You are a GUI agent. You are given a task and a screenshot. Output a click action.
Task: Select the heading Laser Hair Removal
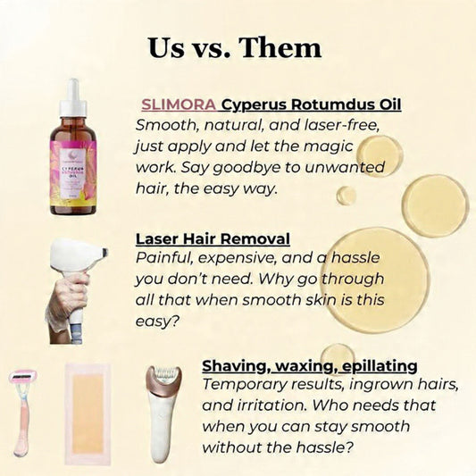pyautogui.click(x=213, y=239)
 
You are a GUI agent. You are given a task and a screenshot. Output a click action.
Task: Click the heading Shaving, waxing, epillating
pyautogui.click(x=297, y=366)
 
